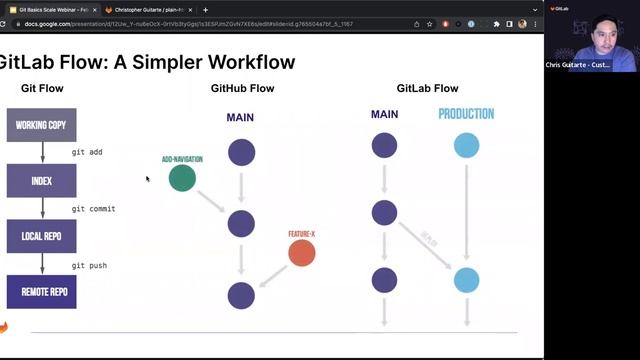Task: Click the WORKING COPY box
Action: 41,125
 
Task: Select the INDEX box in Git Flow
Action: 41,181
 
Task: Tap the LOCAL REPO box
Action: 41,237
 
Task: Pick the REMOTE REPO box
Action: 41,292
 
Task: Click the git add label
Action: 87,152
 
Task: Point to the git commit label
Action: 93,208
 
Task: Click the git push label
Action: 89,265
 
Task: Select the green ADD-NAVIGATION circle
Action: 182,178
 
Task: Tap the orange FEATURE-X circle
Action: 302,252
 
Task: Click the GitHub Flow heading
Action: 242,89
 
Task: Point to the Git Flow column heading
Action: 42,89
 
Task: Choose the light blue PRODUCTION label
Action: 466,114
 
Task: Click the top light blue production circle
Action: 466,146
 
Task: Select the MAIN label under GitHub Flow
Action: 240,117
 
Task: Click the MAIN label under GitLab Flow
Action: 384,114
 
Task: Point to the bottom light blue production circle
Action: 466,279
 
